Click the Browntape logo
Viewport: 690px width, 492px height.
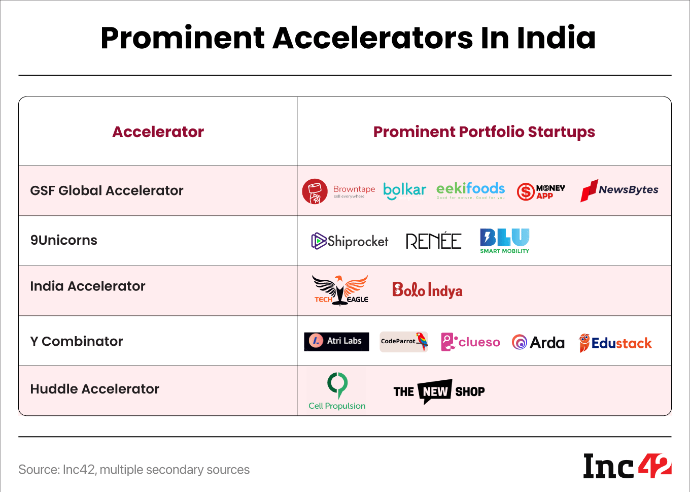point(338,191)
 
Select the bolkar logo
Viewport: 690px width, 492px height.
point(404,190)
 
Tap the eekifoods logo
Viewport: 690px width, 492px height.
point(470,190)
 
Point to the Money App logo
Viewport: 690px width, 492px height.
point(541,191)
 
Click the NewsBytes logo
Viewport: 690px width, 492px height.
point(619,190)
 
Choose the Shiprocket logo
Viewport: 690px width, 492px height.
point(350,241)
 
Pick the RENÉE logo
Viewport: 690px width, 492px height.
point(433,241)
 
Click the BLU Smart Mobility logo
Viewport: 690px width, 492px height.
point(504,241)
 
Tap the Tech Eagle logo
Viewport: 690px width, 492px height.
point(340,290)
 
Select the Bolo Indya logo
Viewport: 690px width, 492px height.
point(427,290)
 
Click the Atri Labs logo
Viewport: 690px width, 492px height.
point(336,341)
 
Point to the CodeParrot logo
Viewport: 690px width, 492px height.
point(404,341)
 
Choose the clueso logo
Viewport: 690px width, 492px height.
point(470,342)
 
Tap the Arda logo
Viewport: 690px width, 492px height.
point(538,343)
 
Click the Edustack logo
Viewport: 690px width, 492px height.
point(615,343)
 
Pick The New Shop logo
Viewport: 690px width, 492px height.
point(439,391)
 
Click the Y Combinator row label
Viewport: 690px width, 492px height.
point(77,341)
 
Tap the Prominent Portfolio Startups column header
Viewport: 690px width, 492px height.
point(484,132)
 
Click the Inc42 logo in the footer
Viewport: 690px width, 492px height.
point(627,466)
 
